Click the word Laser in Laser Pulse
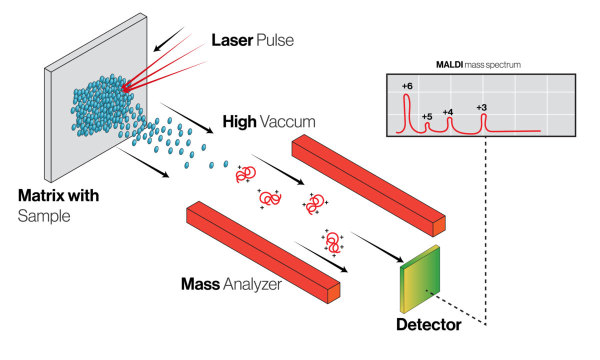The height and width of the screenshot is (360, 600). (231, 40)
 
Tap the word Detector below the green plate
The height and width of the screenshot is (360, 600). (428, 324)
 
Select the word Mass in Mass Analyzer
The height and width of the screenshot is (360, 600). (200, 284)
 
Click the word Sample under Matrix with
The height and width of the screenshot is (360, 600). (44, 216)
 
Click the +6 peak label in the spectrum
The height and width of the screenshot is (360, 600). (407, 86)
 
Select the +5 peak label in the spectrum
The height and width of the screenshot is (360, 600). (426, 116)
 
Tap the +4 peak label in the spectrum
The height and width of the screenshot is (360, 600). (447, 112)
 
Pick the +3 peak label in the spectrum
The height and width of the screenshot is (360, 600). (481, 107)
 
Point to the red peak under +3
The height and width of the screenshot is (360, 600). (483, 122)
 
